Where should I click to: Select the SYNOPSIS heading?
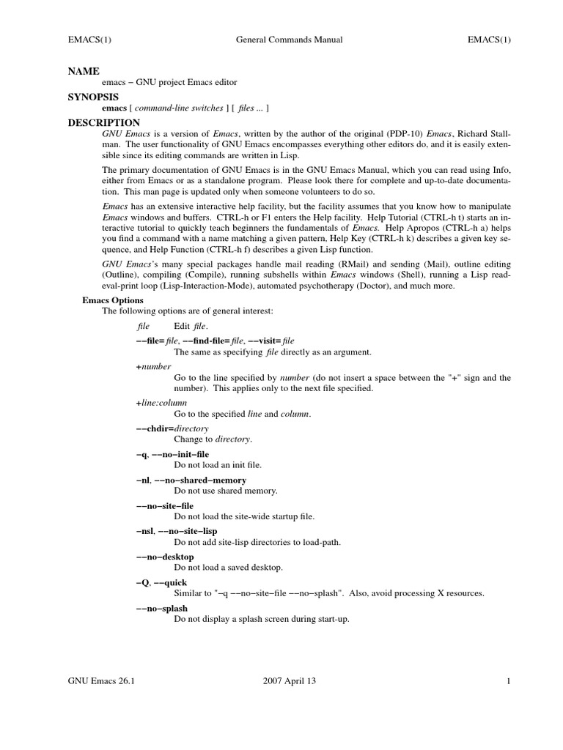(x=93, y=97)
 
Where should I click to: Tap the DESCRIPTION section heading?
(x=103, y=123)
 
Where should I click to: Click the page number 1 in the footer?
(x=507, y=681)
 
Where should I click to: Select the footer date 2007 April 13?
(x=289, y=681)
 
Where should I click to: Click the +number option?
(x=153, y=366)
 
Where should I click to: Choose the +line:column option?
(x=161, y=403)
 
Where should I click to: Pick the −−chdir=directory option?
(x=172, y=428)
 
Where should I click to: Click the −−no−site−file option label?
(x=165, y=505)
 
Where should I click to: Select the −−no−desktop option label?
(x=165, y=557)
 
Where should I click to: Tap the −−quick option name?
(x=172, y=582)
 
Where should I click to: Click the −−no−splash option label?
(x=162, y=608)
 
